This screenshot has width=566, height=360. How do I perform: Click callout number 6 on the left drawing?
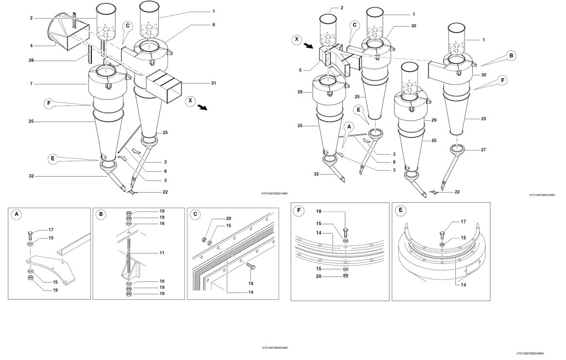point(214,25)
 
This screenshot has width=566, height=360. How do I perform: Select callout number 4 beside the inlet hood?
point(32,46)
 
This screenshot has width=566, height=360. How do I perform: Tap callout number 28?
point(32,61)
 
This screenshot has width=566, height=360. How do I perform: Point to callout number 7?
point(32,84)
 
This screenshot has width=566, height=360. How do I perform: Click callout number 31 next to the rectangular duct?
point(214,83)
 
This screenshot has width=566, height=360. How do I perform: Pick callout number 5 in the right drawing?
point(300,70)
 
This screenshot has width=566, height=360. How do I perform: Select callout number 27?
point(483,150)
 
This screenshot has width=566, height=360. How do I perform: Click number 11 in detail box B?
point(162,253)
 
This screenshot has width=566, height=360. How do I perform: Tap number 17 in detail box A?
point(51,230)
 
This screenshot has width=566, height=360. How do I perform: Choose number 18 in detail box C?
point(251,283)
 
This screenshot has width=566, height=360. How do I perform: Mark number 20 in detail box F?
point(319,277)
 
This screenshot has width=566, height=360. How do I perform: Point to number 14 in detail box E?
point(464,285)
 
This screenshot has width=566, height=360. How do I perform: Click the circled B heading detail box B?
point(100,214)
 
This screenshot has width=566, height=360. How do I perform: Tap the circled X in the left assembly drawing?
point(191,100)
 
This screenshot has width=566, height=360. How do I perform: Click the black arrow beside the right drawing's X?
point(309,46)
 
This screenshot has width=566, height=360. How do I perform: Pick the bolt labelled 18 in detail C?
point(250,266)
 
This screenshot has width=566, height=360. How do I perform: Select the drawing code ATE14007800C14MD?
point(275,194)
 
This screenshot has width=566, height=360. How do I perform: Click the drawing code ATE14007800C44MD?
point(530,354)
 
